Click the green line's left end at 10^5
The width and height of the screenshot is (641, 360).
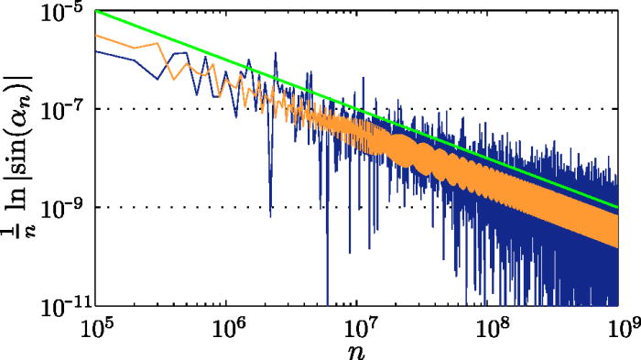96,11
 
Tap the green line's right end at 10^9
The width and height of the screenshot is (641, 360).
618,207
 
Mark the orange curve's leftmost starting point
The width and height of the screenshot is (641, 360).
96,35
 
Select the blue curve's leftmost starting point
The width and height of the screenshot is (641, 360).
96,51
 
